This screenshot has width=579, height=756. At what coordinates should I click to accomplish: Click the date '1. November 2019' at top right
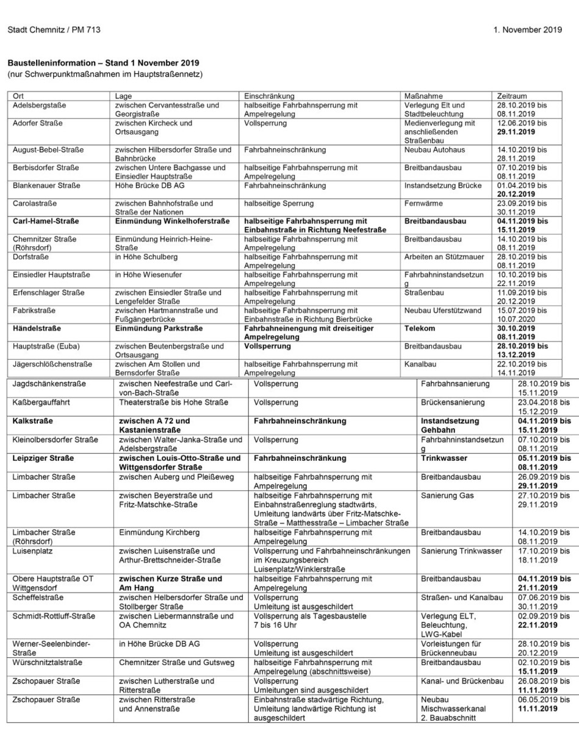click(x=528, y=29)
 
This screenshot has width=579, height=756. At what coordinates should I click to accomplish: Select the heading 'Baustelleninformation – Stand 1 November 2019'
click(x=103, y=63)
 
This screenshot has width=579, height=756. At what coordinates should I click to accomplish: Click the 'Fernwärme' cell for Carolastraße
click(x=423, y=203)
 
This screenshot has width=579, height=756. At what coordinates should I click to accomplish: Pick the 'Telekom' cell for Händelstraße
click(x=420, y=328)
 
